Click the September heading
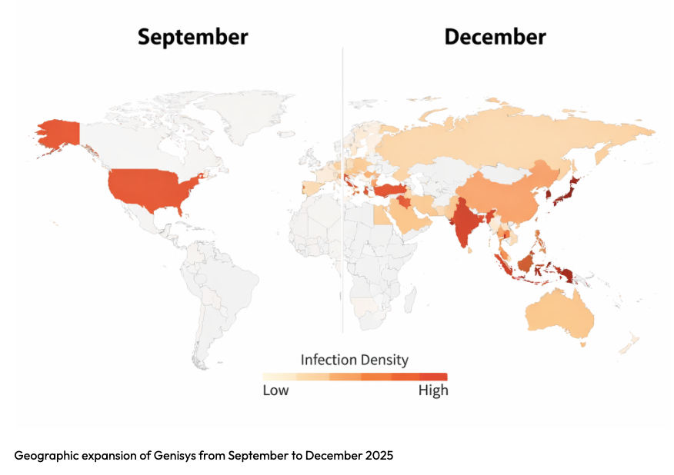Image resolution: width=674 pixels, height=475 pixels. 192,36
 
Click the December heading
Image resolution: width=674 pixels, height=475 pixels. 495,36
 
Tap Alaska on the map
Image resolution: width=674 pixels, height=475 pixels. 58,134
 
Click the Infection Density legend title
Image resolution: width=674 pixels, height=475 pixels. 354,360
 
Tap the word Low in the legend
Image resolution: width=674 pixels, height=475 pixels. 275,390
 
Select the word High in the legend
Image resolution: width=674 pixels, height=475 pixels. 433,390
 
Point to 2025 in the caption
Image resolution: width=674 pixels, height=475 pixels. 378,456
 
